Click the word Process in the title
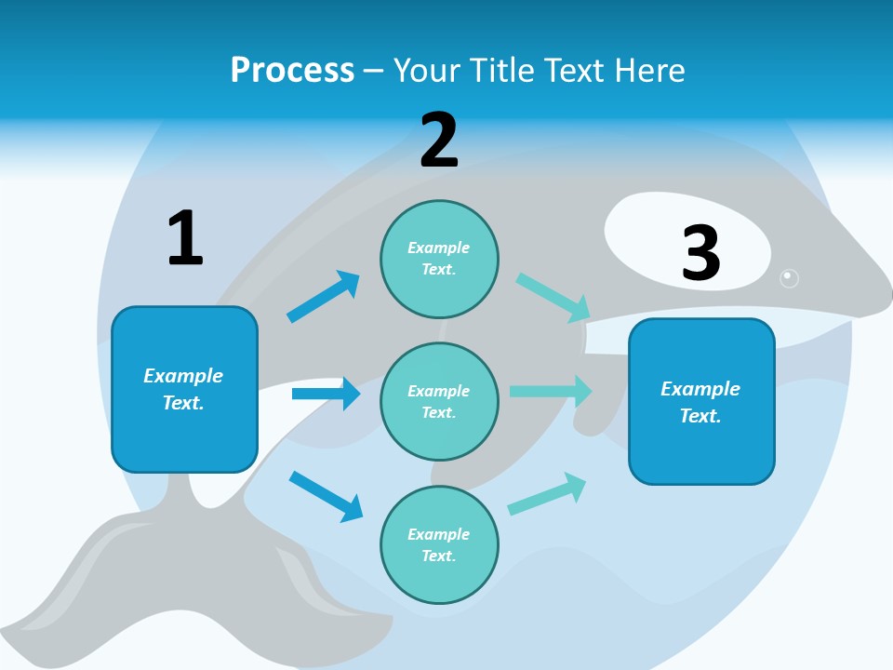coord(292,70)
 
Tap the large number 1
coord(184,238)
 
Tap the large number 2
coord(439,141)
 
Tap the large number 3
coord(700,253)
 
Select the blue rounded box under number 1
coord(184,389)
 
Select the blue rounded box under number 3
coord(701,401)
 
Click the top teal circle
coord(439,259)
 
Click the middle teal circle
coord(439,401)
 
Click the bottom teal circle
coord(439,544)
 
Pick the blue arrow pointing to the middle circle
coord(326,394)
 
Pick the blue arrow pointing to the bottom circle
coord(326,496)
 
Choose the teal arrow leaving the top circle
coord(553,298)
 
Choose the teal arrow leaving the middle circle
coord(551,392)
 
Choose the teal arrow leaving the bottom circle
coord(547,494)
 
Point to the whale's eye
coord(789,277)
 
